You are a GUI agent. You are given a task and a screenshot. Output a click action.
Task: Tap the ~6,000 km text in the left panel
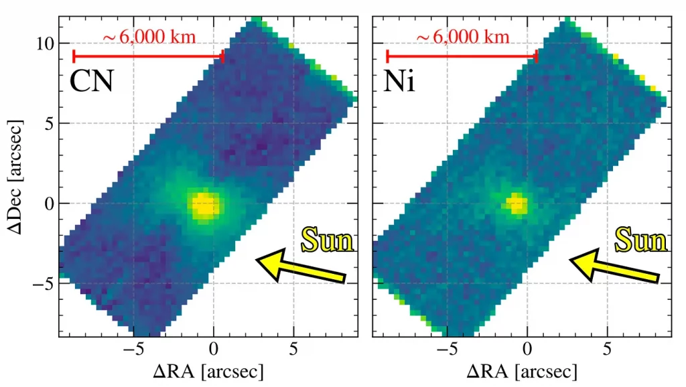pyautogui.click(x=149, y=36)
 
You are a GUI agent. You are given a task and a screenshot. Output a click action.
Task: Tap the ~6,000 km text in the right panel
pyautogui.click(x=463, y=36)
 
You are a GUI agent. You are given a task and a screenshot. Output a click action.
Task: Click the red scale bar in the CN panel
pyautogui.click(x=147, y=56)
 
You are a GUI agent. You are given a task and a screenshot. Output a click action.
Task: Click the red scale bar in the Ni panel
pyautogui.click(x=462, y=56)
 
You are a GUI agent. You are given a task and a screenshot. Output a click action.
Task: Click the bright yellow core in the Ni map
pyautogui.click(x=516, y=203)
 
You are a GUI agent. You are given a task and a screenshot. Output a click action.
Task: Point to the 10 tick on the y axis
pyautogui.click(x=44, y=44)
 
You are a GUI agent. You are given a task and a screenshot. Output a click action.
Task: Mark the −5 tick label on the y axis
pyautogui.click(x=42, y=284)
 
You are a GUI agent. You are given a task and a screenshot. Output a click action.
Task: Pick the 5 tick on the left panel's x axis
pyautogui.click(x=293, y=349)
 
